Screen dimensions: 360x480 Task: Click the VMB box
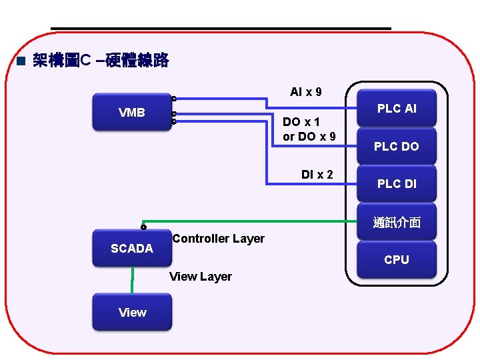tap(132, 112)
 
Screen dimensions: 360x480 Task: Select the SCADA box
tap(132, 249)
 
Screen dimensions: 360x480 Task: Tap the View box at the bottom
tap(132, 313)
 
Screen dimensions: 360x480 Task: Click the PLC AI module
tap(397, 108)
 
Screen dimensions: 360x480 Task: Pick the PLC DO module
tap(397, 146)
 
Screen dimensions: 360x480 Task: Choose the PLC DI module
tap(397, 184)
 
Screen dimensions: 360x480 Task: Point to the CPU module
tap(397, 260)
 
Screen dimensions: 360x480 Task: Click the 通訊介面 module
tap(397, 223)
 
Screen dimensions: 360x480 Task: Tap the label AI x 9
tap(306, 91)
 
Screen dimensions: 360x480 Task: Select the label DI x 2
tap(317, 175)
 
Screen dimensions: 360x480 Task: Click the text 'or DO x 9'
tap(309, 137)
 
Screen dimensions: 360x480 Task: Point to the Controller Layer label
tap(218, 239)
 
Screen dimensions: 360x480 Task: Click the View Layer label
tap(201, 277)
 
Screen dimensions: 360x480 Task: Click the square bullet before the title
tap(20, 62)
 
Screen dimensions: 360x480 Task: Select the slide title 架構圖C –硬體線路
tap(101, 61)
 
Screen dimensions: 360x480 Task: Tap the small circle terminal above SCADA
tap(143, 227)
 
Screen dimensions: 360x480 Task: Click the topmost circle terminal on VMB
tap(173, 99)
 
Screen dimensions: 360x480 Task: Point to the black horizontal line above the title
tap(220, 29)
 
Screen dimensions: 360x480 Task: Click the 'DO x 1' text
tap(301, 122)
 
